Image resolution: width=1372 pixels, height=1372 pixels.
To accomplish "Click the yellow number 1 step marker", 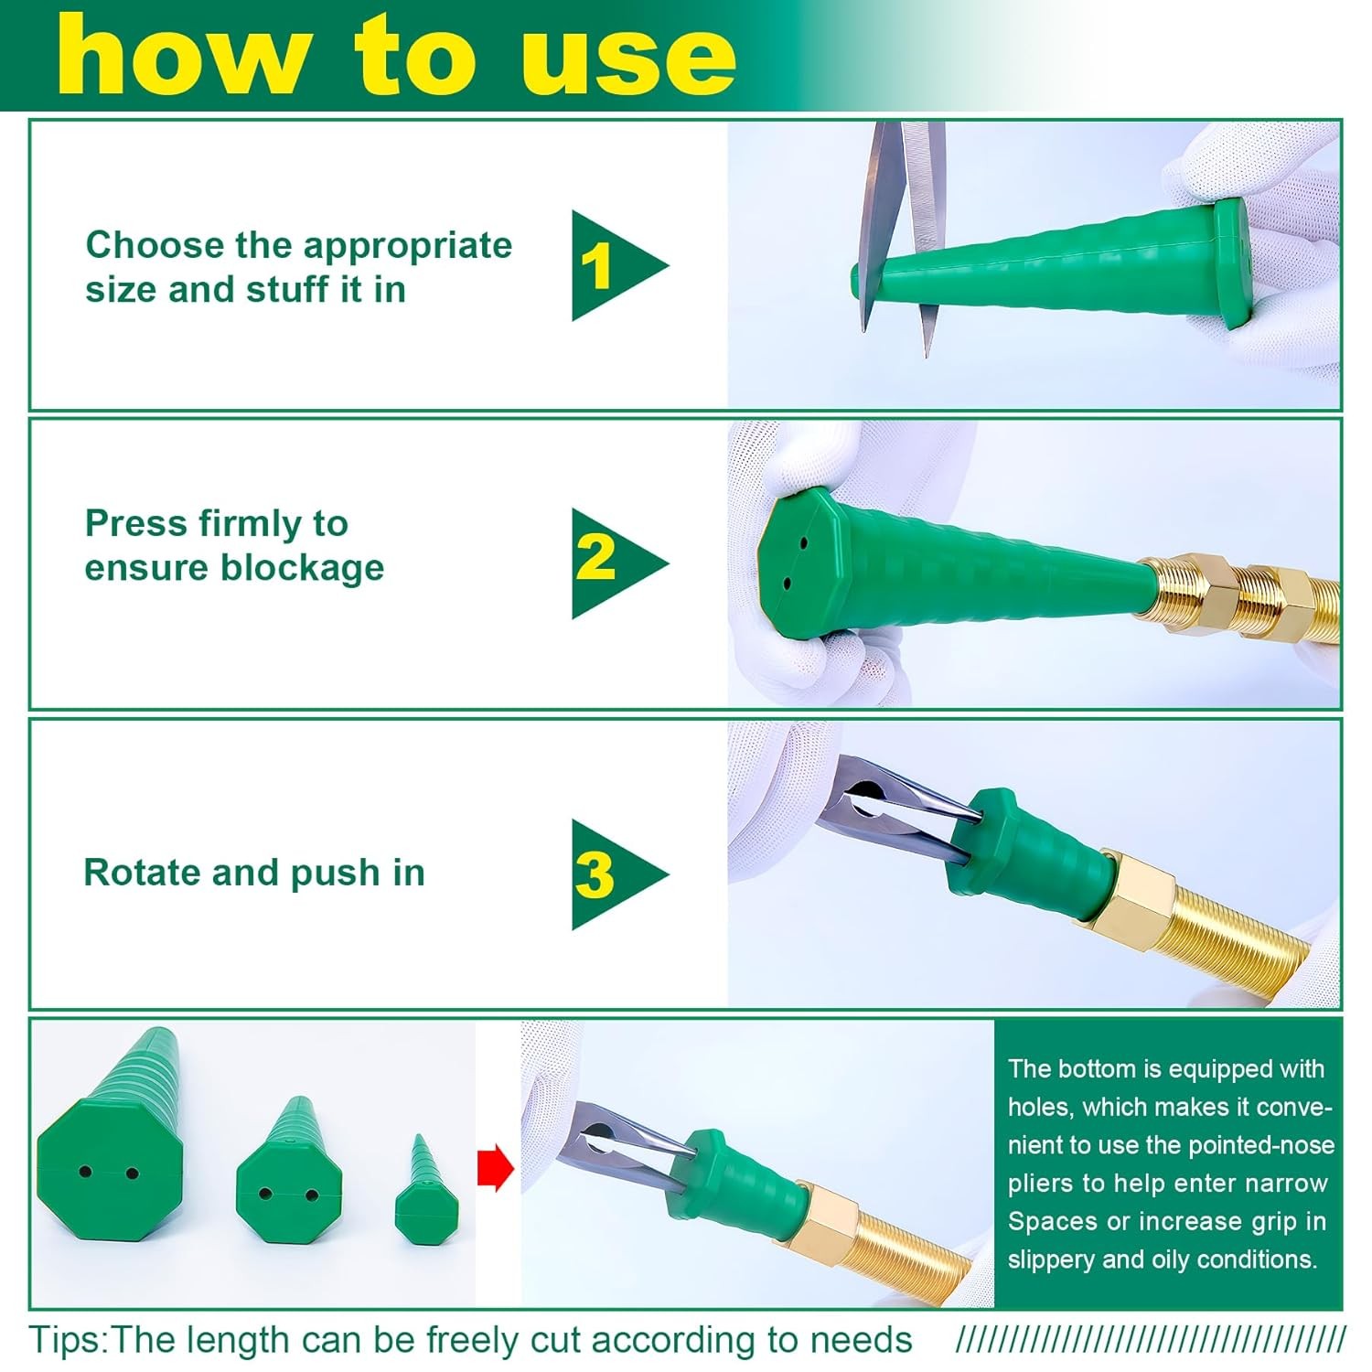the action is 596,266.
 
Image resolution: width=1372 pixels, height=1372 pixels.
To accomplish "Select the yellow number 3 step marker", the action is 595,874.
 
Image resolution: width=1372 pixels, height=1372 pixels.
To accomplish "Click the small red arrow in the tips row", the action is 495,1168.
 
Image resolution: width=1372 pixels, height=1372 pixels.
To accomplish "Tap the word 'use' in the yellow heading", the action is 628,57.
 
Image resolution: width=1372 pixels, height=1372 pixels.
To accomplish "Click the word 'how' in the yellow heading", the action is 181,53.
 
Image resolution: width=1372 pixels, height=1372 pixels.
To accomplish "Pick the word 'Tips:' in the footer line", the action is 69,1341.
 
